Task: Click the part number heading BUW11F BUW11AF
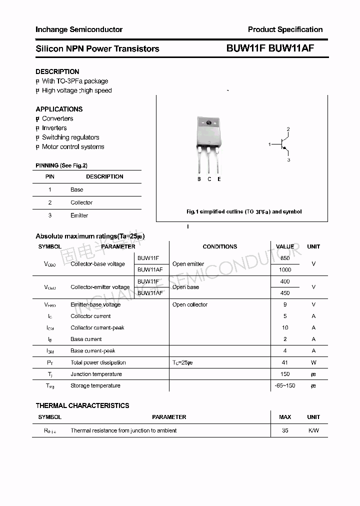click(269, 48)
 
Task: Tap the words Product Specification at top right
click(285, 29)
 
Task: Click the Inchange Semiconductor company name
click(79, 29)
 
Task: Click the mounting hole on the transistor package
click(209, 123)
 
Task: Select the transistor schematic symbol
click(283, 145)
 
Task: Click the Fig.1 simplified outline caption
click(244, 211)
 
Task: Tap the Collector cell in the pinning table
click(81, 202)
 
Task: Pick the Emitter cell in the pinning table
click(79, 215)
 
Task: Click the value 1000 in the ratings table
click(285, 269)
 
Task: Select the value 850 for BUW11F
click(285, 258)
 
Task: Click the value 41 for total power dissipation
click(285, 362)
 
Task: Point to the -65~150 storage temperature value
click(285, 385)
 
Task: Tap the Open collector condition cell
click(190, 304)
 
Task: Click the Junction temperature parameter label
click(96, 374)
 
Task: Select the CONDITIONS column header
click(220, 246)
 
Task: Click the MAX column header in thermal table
click(285, 417)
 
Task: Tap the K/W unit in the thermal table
click(313, 430)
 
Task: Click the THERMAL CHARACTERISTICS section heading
click(82, 405)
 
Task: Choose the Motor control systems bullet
click(73, 147)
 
